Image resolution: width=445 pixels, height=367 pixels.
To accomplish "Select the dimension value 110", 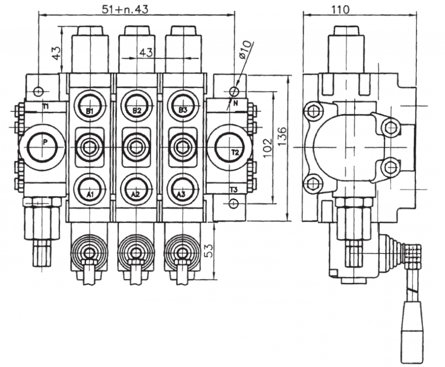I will [340, 9].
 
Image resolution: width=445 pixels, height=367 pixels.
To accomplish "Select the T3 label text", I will [233, 190].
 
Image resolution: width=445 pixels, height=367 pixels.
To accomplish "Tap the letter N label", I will [235, 103].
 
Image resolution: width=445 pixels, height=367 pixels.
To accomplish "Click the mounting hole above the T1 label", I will [39, 91].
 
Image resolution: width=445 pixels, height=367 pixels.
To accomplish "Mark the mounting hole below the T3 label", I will [233, 203].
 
